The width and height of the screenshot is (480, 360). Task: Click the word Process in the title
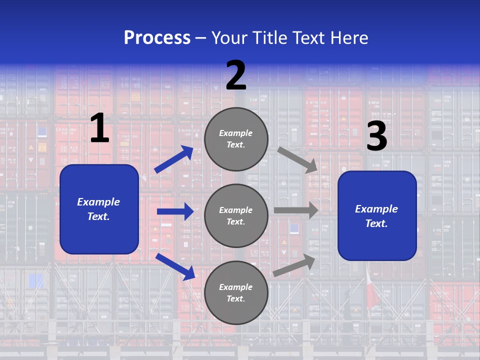(x=157, y=37)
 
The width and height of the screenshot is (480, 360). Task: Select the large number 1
(x=99, y=128)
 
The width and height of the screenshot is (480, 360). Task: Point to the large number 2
(x=236, y=76)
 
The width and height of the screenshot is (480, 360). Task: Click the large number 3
(x=376, y=136)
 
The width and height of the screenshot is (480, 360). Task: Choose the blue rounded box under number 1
(x=99, y=209)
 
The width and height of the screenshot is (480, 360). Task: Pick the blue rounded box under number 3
(x=377, y=216)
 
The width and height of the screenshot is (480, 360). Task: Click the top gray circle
(x=236, y=139)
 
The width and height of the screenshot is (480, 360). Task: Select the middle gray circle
(x=236, y=215)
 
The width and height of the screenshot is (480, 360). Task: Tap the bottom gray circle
(x=236, y=292)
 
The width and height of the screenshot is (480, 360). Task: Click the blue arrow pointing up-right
(x=174, y=159)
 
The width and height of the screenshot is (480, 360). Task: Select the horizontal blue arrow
(x=175, y=211)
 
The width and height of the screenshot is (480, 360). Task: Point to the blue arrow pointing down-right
(x=175, y=266)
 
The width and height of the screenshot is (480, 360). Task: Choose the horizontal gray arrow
(x=295, y=210)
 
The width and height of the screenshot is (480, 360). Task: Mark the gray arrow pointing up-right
(x=294, y=265)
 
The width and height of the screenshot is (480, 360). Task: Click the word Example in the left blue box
(x=98, y=202)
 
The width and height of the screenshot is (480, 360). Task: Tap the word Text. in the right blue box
(x=376, y=223)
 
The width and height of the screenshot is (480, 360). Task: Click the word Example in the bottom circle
(x=236, y=287)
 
